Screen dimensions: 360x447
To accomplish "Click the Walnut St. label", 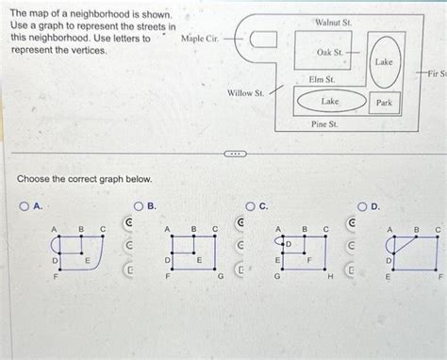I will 333,21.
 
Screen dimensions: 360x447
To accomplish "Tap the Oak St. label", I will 330,53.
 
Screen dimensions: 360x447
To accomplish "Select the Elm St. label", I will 322,80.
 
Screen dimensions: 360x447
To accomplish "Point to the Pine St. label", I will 324,123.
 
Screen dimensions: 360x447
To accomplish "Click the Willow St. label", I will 245,92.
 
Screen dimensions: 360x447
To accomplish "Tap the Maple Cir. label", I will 199,39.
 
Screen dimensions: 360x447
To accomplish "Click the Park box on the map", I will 383,101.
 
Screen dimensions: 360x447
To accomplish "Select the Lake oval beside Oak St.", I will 383,60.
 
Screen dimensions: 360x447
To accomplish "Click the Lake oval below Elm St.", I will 330,101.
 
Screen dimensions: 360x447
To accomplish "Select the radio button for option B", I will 138,206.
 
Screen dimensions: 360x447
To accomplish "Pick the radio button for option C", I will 251,206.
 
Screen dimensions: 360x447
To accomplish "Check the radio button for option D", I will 363,206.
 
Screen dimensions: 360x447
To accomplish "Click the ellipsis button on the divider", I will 232,154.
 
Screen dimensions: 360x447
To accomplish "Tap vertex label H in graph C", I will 330,278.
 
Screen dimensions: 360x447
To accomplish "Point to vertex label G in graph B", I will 220,277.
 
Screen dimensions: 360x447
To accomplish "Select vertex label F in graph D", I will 439,277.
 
